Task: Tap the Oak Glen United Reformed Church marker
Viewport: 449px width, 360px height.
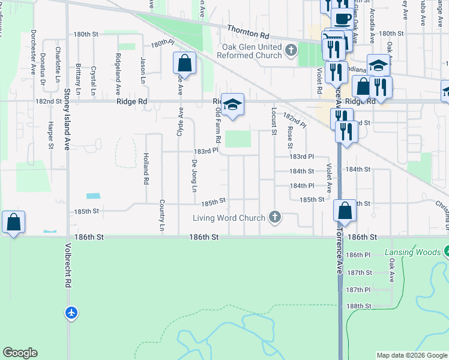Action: point(291,50)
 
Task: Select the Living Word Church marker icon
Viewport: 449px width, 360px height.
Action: point(275,217)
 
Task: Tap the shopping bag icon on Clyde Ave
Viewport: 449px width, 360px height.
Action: point(185,63)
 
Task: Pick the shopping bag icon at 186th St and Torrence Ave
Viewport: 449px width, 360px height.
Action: point(345,211)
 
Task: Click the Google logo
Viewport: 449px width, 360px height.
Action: point(20,353)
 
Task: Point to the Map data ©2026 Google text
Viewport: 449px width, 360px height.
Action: point(411,355)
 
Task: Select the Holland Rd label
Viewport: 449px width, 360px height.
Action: point(145,168)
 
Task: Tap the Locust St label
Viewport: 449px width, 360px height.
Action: point(274,121)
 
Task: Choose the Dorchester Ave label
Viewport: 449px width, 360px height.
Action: point(34,52)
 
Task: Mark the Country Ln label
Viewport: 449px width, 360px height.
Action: point(161,215)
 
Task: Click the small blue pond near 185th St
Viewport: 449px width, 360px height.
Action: point(93,196)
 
